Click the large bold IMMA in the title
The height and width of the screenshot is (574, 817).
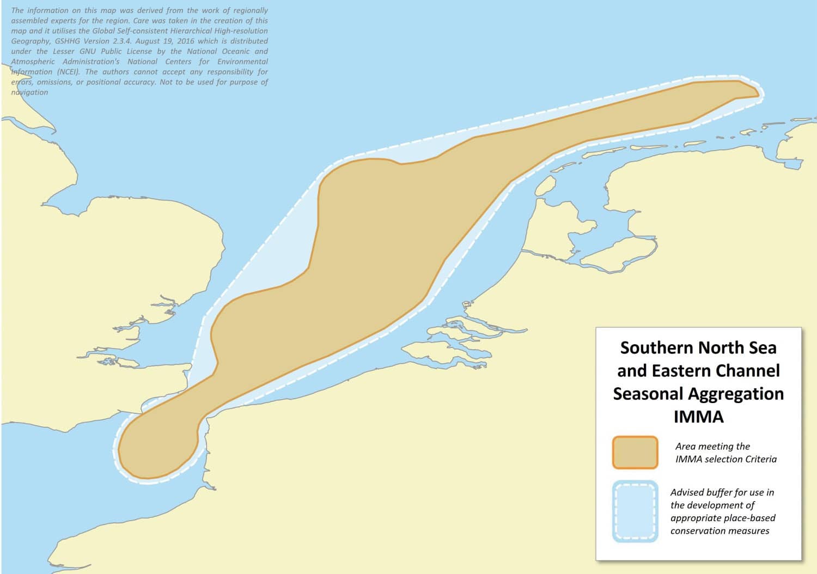point(698,417)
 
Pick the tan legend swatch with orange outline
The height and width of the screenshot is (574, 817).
point(635,453)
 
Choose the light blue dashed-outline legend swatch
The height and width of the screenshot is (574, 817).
point(635,511)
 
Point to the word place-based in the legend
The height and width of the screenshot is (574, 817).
point(751,517)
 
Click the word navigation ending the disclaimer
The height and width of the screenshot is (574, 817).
point(29,92)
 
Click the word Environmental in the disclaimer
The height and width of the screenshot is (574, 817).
point(242,62)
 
